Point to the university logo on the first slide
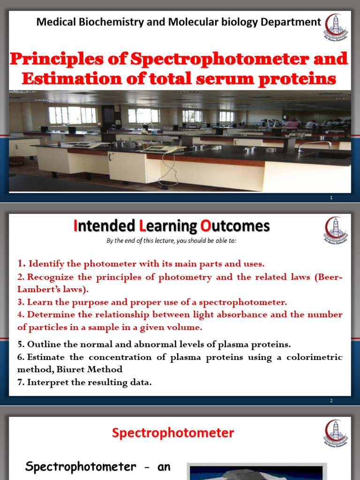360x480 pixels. pyautogui.click(x=336, y=25)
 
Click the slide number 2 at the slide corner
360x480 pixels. pyautogui.click(x=331, y=401)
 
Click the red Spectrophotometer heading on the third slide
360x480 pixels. pyautogui.click(x=172, y=433)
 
